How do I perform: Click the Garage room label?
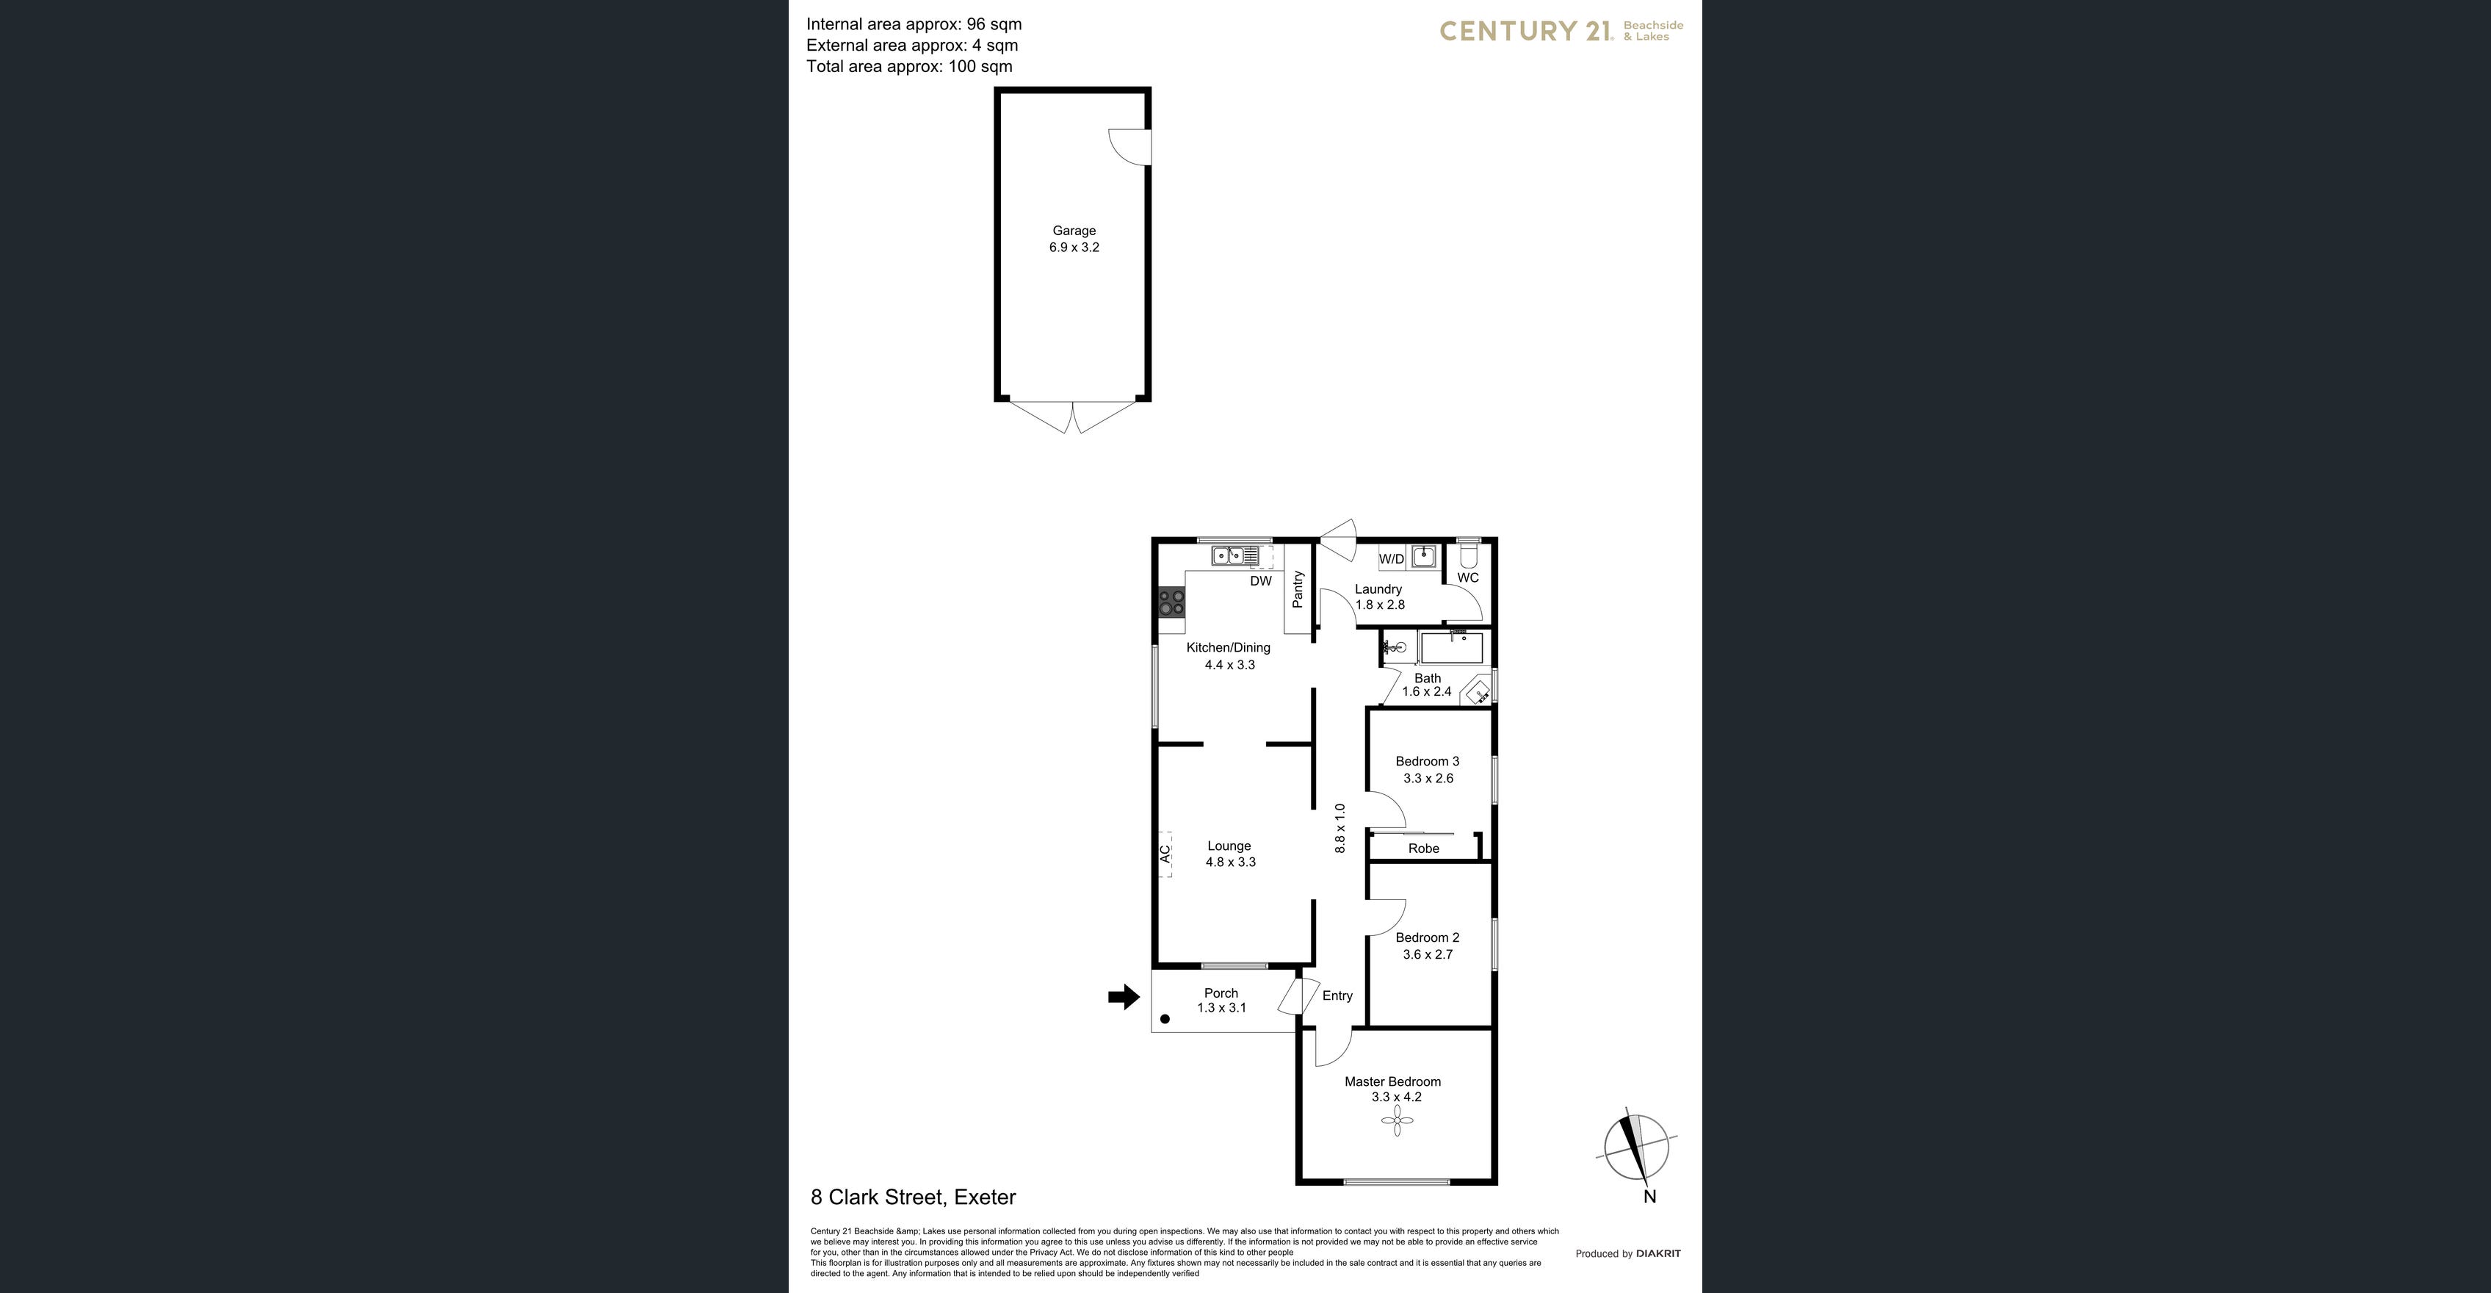point(1074,230)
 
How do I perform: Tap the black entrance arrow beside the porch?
point(1124,997)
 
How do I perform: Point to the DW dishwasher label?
point(1261,581)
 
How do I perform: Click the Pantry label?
point(1298,589)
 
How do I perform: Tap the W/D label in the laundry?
point(1392,559)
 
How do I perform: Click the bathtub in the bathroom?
point(1450,647)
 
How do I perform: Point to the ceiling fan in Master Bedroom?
point(1396,1122)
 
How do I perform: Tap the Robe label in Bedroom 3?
point(1423,848)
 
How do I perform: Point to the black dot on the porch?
point(1165,1018)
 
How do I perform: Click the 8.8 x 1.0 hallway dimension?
point(1339,828)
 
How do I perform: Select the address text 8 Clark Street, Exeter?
point(913,1197)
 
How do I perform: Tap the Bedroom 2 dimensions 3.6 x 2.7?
point(1428,954)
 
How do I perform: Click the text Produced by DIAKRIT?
point(1627,1253)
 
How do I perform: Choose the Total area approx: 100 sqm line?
point(909,67)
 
